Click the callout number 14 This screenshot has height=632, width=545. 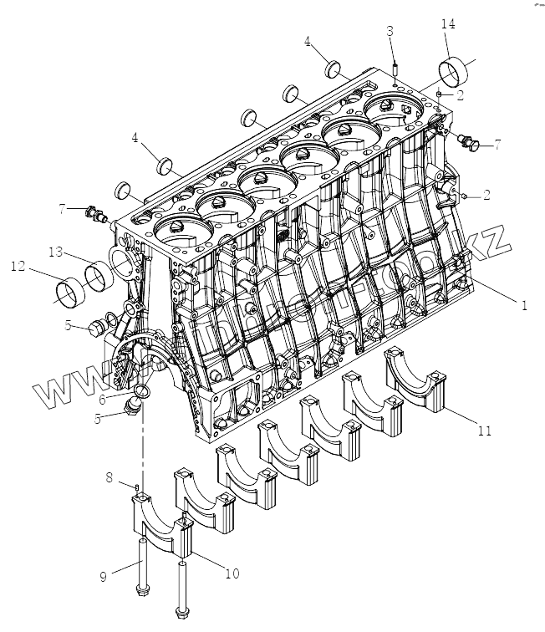[x=448, y=26]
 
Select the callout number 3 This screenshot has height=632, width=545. [x=390, y=31]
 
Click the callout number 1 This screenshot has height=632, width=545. [x=524, y=306]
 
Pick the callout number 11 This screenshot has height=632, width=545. [x=484, y=431]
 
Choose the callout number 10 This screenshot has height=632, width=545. [x=232, y=573]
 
